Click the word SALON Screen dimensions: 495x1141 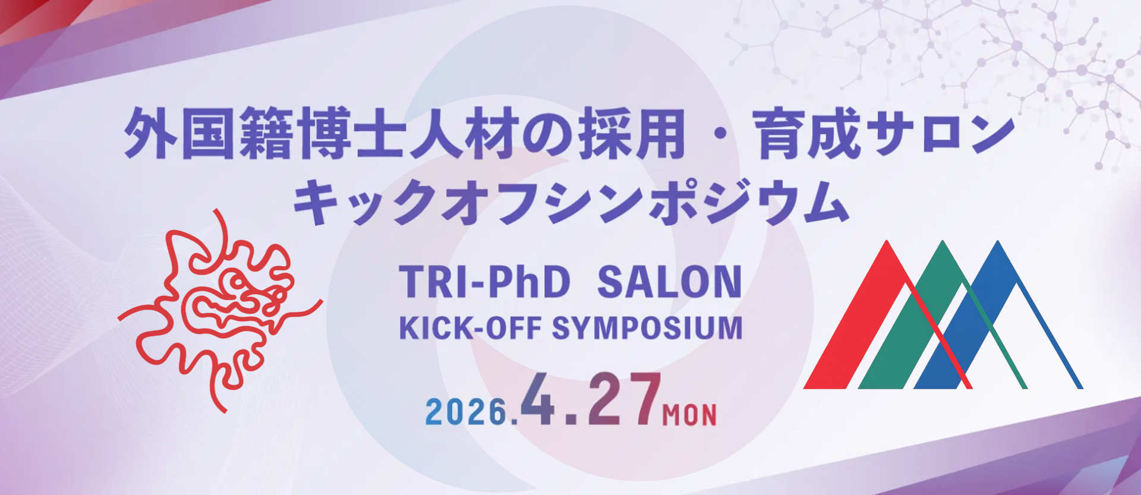click(669, 282)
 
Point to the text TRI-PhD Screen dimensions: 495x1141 click(484, 282)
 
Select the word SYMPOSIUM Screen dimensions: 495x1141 click(647, 328)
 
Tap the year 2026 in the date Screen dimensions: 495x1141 click(467, 411)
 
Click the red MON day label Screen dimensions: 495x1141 click(689, 415)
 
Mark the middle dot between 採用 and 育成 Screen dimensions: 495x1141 click(718, 135)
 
